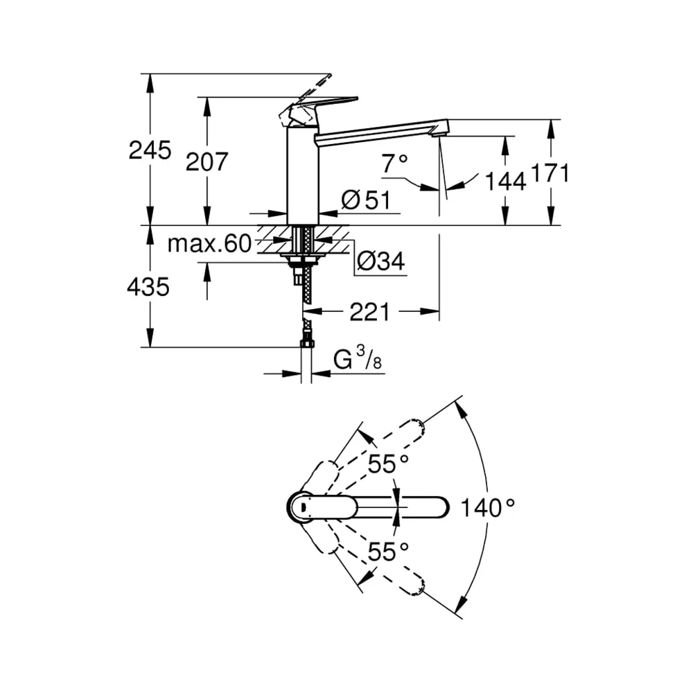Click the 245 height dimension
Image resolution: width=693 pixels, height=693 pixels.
tap(150, 150)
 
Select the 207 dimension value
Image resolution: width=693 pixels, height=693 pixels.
tap(207, 161)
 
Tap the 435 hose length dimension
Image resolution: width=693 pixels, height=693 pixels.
tap(148, 287)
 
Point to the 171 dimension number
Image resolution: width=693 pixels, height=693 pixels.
tap(550, 173)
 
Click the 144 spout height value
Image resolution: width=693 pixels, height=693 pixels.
tap(506, 181)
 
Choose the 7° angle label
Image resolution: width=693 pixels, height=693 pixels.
tap(395, 164)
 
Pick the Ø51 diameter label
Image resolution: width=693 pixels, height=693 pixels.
tap(367, 200)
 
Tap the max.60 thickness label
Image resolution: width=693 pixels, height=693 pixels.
tap(209, 243)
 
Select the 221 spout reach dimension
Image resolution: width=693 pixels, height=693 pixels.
tap(370, 312)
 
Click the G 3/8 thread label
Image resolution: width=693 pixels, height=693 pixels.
tap(358, 358)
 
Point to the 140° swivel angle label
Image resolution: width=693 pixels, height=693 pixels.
tap(488, 508)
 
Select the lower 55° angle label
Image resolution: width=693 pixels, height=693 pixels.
tap(389, 552)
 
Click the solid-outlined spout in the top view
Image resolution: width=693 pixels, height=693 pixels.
tap(368, 507)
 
